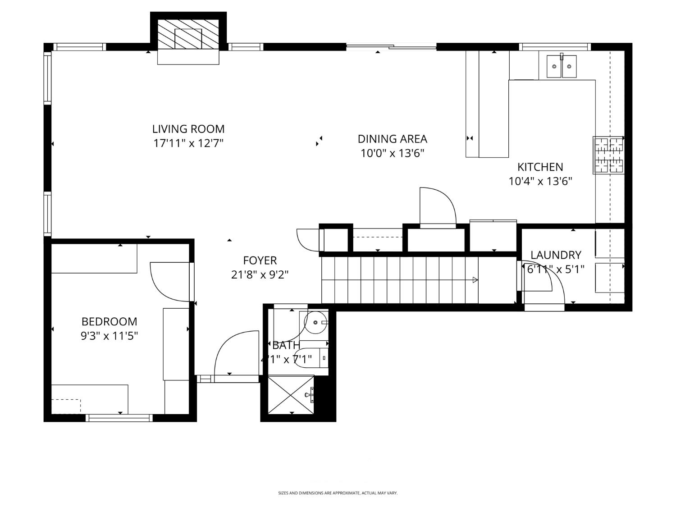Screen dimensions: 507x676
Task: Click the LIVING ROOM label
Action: point(188,129)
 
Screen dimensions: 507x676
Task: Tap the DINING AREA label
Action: point(392,139)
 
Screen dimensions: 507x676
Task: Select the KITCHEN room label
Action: point(540,167)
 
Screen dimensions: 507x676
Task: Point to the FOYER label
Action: point(260,260)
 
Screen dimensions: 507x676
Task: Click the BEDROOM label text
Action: point(109,321)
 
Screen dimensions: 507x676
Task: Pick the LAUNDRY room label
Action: point(556,255)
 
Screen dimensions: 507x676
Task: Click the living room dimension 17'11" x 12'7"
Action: point(188,144)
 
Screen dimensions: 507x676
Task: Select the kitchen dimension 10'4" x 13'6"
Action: point(540,182)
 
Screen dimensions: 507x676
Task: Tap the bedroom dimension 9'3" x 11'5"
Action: point(109,336)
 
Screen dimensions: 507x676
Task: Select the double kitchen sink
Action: point(561,66)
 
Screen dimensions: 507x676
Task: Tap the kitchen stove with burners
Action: point(609,155)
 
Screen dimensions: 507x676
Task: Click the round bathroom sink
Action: point(316,322)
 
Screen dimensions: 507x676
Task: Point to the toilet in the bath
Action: point(311,358)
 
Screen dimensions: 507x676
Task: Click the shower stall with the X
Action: point(291,395)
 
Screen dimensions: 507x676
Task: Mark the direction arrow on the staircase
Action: point(475,280)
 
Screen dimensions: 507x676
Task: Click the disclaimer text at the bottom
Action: point(338,493)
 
